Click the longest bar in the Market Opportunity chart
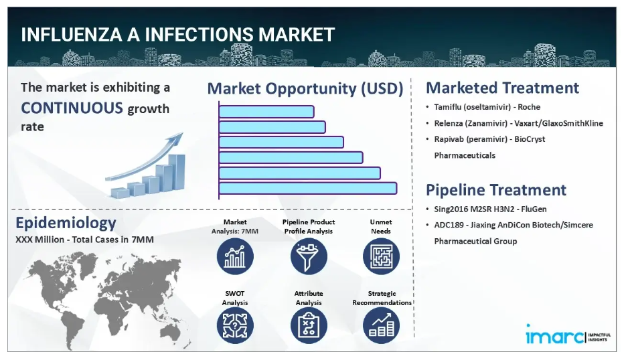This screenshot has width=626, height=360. pyautogui.click(x=308, y=189)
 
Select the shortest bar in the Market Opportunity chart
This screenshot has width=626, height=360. pyautogui.click(x=266, y=112)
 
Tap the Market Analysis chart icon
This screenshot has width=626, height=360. pyautogui.click(x=235, y=256)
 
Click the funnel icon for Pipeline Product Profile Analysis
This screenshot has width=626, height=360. pyautogui.click(x=309, y=256)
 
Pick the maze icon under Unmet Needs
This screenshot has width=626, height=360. pyautogui.click(x=381, y=256)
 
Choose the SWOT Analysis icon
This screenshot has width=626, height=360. pyautogui.click(x=235, y=326)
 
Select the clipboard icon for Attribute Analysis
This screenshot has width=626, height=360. pyautogui.click(x=309, y=326)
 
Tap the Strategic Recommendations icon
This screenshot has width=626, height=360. pyautogui.click(x=381, y=326)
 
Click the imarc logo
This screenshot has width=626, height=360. pyautogui.click(x=568, y=335)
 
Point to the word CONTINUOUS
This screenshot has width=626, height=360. pyautogui.click(x=72, y=108)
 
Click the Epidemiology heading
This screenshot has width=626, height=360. pyautogui.click(x=66, y=223)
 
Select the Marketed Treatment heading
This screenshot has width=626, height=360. pyautogui.click(x=502, y=88)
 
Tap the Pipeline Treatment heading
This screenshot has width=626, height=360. pyautogui.click(x=496, y=190)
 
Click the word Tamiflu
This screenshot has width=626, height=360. pyautogui.click(x=447, y=107)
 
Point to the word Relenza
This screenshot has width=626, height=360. pyautogui.click(x=449, y=123)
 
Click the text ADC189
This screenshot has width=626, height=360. pyautogui.click(x=449, y=225)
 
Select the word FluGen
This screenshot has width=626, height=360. pyautogui.click(x=534, y=209)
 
